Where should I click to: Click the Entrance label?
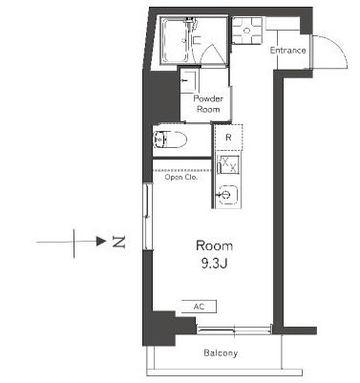point(287,51)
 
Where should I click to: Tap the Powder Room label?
point(208,104)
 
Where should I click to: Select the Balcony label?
point(221,352)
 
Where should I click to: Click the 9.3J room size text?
point(214,264)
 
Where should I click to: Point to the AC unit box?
point(199,307)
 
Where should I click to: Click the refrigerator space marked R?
point(228,138)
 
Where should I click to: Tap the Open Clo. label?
point(181,177)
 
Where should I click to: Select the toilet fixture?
point(170,139)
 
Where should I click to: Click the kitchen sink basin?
point(226,195)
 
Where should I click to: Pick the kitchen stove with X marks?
point(228,164)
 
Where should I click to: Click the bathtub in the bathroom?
point(175,40)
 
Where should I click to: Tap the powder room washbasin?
point(189,81)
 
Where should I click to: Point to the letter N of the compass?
point(119,243)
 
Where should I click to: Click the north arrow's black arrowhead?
point(101,242)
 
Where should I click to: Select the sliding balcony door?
point(235,330)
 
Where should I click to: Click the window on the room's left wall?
point(147,217)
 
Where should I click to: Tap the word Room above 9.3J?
point(214,245)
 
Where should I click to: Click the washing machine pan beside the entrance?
point(247,31)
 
